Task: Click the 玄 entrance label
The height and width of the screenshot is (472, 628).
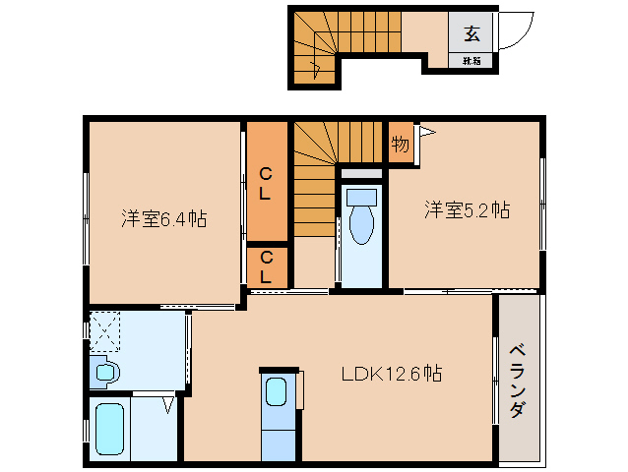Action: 471,34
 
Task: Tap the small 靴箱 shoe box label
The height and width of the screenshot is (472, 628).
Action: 471,61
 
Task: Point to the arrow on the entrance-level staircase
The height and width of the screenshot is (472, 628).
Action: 315,67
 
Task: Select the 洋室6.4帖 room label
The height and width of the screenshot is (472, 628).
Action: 163,218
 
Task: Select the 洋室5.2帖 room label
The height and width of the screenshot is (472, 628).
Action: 467,209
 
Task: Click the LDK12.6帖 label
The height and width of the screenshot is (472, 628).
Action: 391,374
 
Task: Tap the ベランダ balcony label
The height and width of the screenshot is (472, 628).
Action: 518,383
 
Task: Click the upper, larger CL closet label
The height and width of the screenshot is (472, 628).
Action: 266,184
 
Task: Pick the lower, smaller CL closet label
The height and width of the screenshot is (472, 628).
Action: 266,267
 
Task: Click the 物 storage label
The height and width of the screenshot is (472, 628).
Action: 400,144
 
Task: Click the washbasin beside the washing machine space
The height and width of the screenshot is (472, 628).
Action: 105,372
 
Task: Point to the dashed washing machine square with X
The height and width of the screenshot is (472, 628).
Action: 105,330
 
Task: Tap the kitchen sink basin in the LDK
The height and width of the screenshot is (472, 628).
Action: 277,390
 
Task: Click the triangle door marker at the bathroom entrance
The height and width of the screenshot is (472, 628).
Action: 168,404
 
